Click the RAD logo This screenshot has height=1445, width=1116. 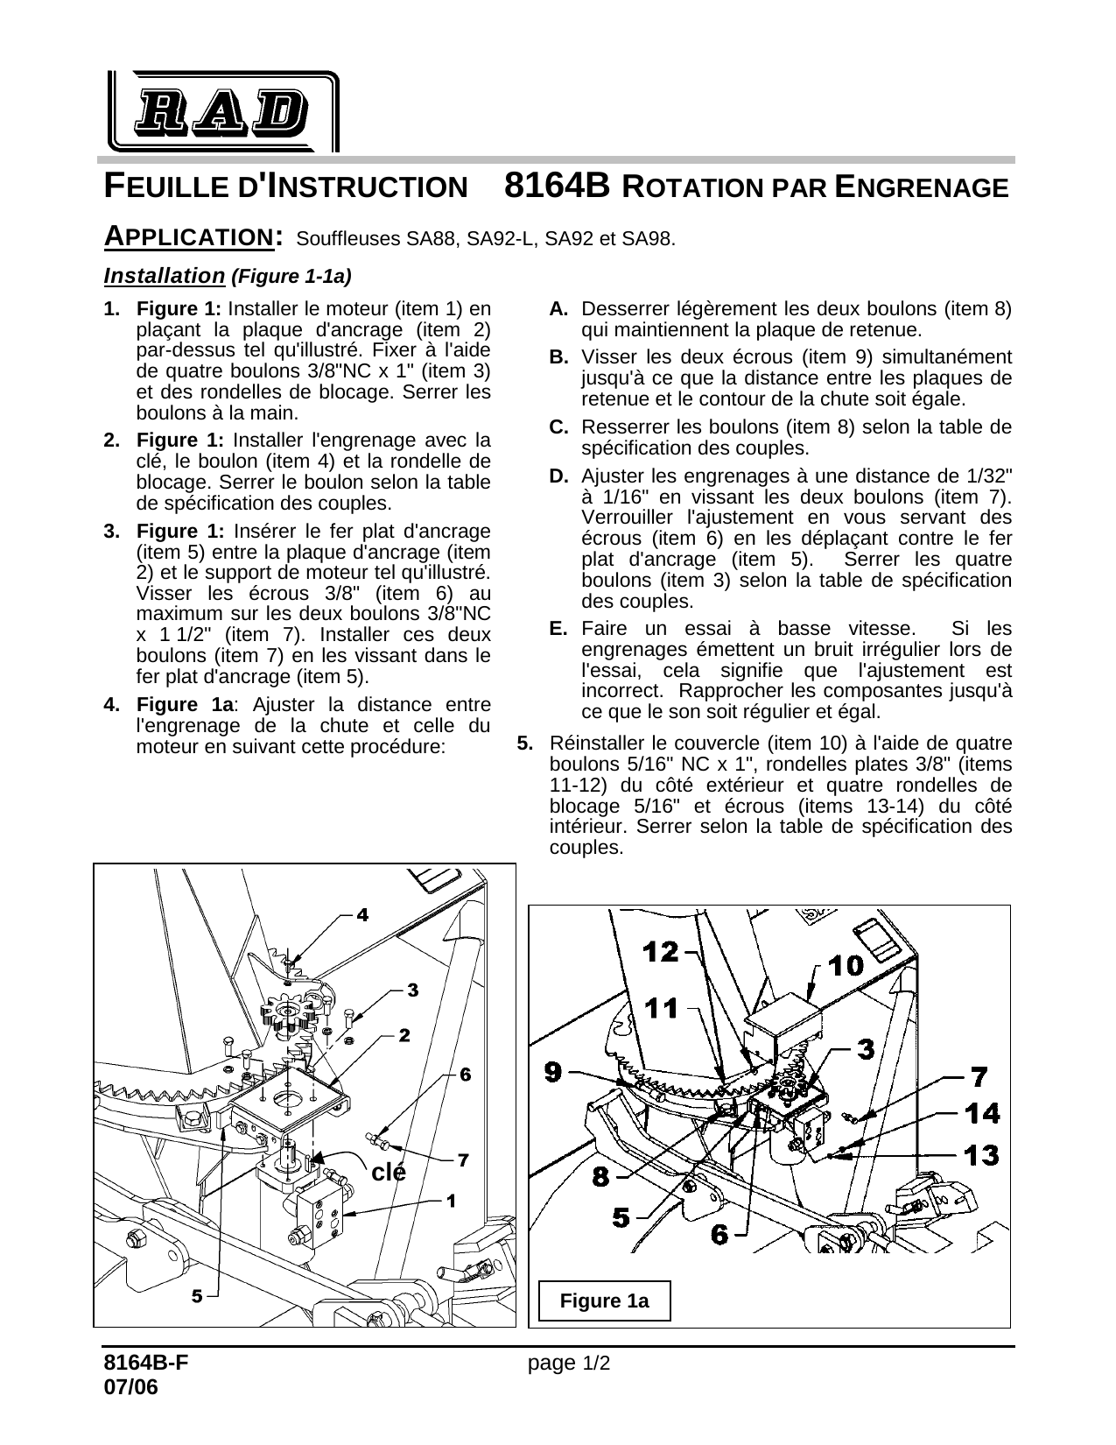click(223, 110)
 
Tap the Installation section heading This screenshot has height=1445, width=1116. click(165, 276)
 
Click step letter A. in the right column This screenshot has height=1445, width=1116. click(559, 309)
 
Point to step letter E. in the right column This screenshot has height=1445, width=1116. click(558, 629)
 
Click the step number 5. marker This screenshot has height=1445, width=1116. click(525, 744)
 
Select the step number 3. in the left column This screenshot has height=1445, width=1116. click(112, 532)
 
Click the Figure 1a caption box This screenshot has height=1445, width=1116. click(604, 1300)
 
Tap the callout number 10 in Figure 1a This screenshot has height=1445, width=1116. click(845, 965)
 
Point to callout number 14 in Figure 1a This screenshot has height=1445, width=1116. click(982, 1113)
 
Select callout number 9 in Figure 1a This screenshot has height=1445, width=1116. click(553, 1071)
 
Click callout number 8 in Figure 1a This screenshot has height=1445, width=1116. click(600, 1176)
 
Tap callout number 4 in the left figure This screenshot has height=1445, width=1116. click(361, 914)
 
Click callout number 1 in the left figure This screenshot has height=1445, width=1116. click(451, 1201)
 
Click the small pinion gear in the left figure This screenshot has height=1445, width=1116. click(288, 1016)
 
